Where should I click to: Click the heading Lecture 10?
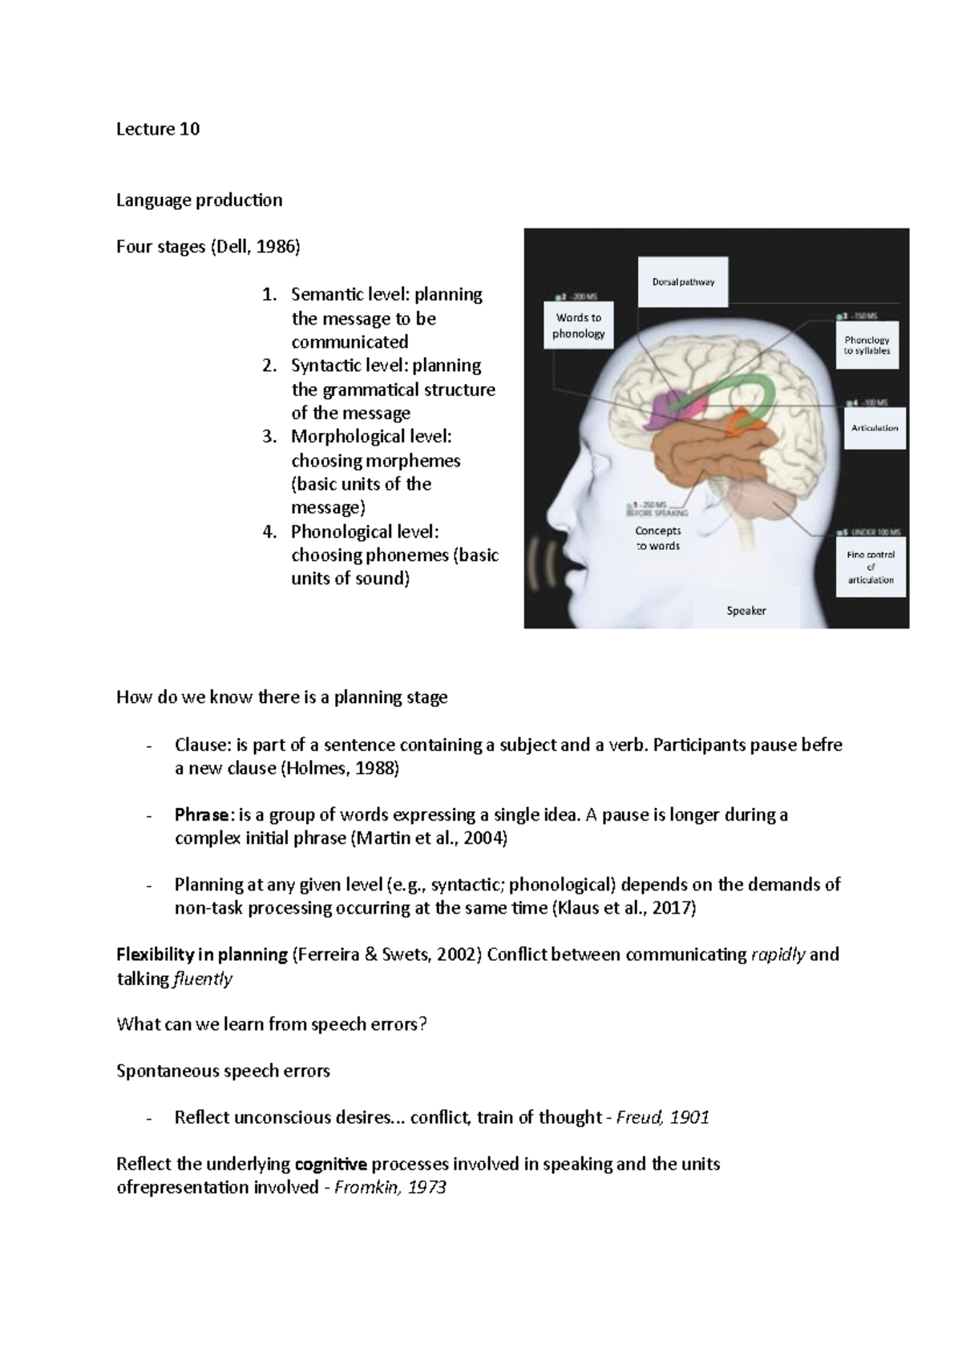coord(158,129)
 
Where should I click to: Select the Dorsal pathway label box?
coord(683,282)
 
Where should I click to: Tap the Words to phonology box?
coord(578,325)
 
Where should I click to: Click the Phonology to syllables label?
coord(867,345)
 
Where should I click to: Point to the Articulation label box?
coord(875,428)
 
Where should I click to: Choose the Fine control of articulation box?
coord(871,567)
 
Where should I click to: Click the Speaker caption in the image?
coord(746,611)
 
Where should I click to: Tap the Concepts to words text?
coord(658,538)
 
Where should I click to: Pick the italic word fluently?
coord(203,979)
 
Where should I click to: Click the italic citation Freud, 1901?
coord(662,1117)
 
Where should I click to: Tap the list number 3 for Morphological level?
coord(269,438)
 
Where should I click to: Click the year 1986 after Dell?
coord(277,247)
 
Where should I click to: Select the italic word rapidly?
coord(778,955)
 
